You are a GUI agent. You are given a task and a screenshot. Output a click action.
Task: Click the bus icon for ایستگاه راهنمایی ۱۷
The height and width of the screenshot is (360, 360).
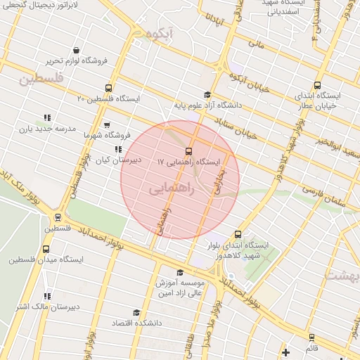188,151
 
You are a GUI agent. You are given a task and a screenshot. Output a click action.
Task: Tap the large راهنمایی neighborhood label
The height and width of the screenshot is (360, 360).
169,189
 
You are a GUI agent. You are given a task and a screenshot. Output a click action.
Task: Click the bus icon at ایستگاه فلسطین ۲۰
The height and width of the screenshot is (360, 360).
108,88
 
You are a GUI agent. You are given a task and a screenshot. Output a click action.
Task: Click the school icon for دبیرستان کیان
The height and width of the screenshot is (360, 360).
118,149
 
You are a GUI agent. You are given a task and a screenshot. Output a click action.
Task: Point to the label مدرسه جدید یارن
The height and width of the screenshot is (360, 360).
27,129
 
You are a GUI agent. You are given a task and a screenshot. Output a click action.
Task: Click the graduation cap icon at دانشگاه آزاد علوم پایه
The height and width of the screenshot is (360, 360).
207,95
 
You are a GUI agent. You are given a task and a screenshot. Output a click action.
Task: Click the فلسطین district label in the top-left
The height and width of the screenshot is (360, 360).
41,80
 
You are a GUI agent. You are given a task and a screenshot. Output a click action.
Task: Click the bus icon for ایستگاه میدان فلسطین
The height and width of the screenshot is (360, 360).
46,249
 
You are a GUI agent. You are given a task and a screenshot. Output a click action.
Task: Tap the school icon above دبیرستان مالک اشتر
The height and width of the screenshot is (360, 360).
47,296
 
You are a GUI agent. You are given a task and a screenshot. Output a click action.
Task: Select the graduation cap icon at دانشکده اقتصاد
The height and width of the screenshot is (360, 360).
136,312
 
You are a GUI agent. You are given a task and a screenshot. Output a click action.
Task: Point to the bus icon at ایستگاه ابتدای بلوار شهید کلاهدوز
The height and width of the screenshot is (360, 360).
238,234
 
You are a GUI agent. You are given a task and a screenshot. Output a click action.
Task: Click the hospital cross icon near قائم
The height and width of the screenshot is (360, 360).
285,351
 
